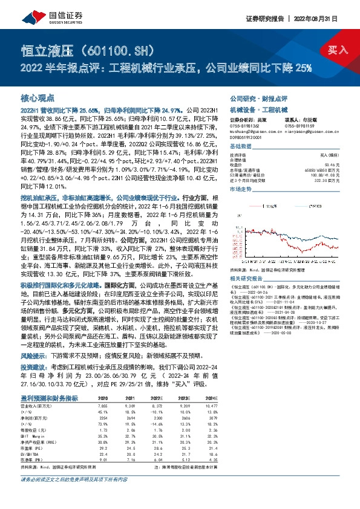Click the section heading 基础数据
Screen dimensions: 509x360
(x=240, y=147)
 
